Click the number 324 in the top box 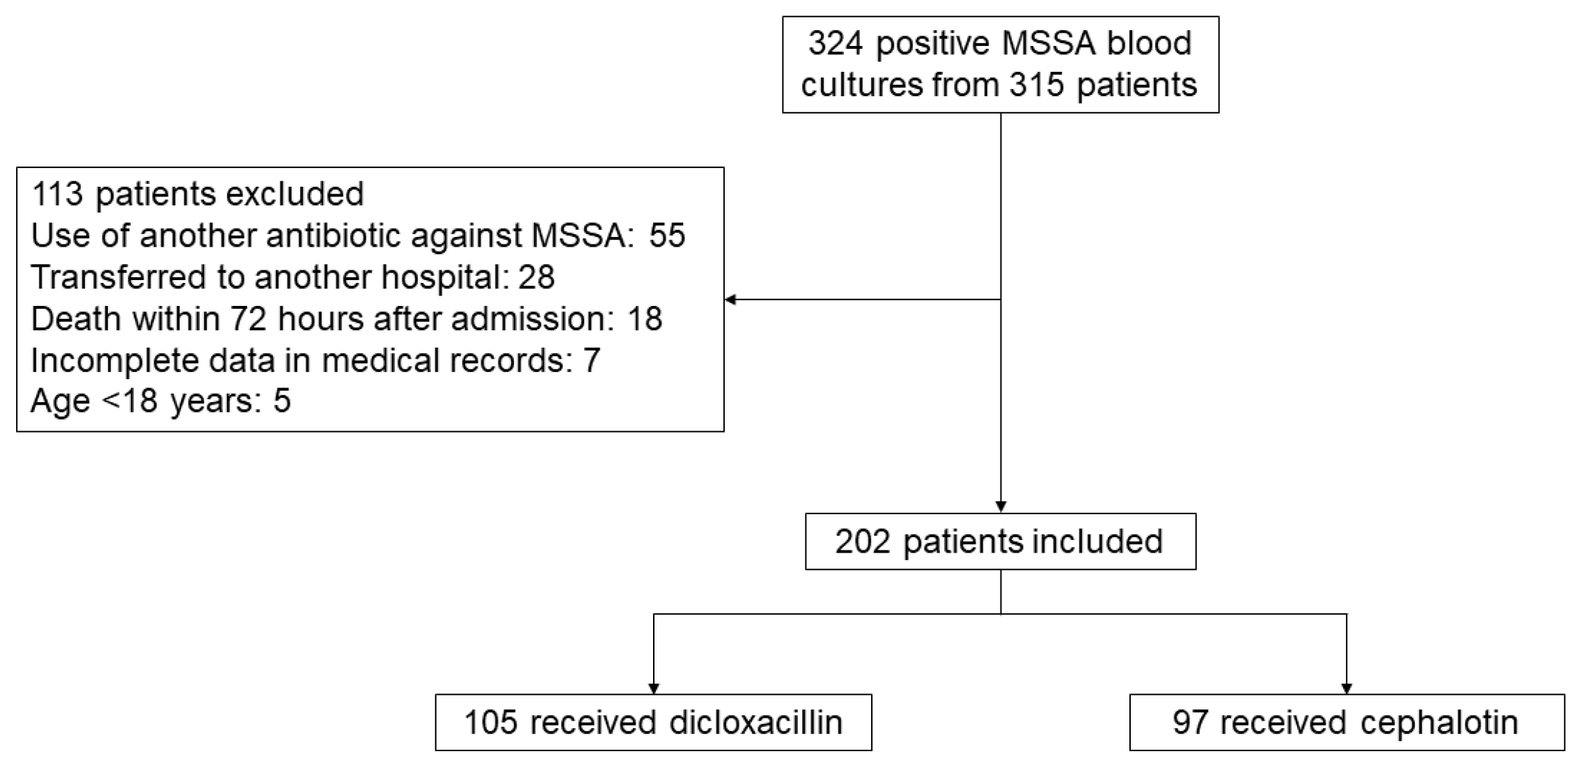click(x=835, y=43)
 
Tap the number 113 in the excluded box click(x=58, y=194)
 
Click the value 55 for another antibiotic click(x=667, y=236)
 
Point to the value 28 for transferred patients click(x=536, y=277)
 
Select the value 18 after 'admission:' click(x=644, y=319)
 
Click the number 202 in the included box click(x=863, y=542)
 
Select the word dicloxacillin click(x=755, y=723)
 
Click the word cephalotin click(x=1439, y=723)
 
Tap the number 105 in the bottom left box click(x=491, y=723)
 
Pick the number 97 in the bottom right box click(x=1191, y=723)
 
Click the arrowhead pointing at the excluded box click(x=730, y=300)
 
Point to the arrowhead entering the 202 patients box click(x=1001, y=507)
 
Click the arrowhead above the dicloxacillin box click(x=653, y=688)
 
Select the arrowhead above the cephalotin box click(x=1347, y=688)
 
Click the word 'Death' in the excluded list click(x=77, y=319)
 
